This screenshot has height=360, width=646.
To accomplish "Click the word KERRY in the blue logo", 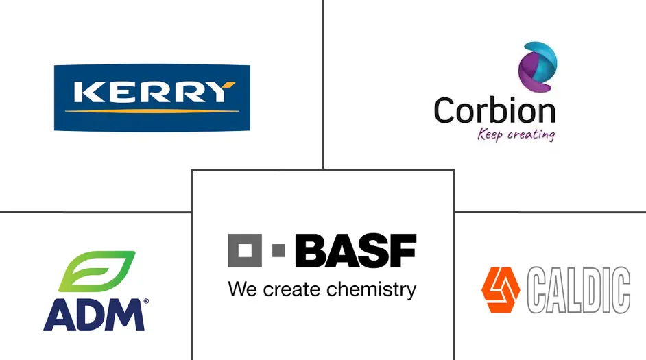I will [152, 92].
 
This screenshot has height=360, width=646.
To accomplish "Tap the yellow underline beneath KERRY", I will [152, 110].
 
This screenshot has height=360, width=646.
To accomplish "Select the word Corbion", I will [494, 110].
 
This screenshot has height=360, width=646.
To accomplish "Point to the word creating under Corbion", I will [530, 134].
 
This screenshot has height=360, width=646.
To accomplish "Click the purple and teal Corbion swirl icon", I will [537, 66].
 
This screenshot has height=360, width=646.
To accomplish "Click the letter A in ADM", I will [58, 315].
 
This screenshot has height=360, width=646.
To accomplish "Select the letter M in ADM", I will [125, 315].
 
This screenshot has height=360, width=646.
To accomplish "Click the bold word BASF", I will [355, 251].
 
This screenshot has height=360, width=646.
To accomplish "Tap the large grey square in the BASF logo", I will [245, 251].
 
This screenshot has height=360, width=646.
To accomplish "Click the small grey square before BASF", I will [278, 251].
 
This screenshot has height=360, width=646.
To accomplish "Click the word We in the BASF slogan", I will [242, 289].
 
